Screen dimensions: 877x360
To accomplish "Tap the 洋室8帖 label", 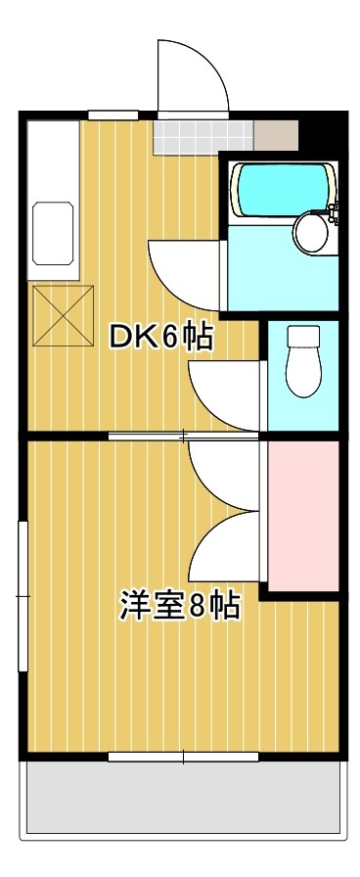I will (180, 606).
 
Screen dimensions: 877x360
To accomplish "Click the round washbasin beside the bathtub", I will (312, 233).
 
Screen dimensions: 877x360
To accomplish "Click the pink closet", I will (302, 516).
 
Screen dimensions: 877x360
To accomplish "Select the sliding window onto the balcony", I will (183, 756).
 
